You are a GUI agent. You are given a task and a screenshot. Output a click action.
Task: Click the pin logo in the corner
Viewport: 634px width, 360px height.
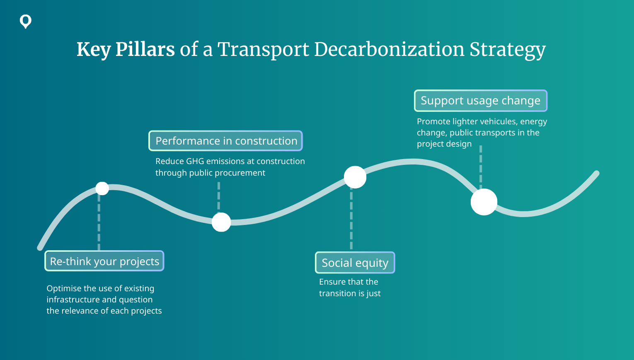25,22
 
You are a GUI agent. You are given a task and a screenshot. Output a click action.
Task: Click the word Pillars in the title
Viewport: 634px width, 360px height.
145,49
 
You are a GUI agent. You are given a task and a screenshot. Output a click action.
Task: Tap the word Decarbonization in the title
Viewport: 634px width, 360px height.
389,49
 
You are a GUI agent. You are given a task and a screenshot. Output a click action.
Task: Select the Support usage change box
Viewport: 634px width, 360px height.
481,101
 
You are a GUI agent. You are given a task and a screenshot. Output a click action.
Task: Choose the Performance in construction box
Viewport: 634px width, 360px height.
225,141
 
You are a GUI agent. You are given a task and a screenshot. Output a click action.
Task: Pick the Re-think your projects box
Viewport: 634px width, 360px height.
104,261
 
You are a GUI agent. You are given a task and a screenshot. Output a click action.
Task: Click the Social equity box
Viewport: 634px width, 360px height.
355,263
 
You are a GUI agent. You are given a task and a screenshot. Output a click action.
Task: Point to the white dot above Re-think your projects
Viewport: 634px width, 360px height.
102,188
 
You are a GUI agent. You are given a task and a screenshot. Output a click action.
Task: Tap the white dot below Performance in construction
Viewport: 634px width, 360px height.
221,222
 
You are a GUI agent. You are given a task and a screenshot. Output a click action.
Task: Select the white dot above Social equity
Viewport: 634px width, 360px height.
355,177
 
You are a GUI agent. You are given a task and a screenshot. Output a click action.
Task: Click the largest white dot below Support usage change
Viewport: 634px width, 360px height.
484,202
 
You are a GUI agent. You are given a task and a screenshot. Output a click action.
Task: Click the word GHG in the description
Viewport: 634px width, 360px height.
195,161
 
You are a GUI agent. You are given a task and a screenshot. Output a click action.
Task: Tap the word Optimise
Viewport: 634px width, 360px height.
64,288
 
